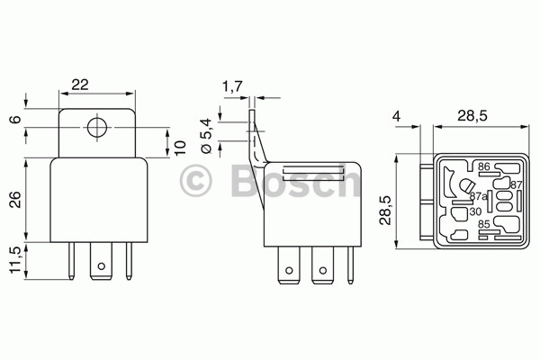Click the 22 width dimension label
pyautogui.click(x=80, y=85)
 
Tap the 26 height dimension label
pyautogui.click(x=15, y=200)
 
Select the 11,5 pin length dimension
pyautogui.click(x=15, y=260)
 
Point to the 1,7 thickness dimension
pyautogui.click(x=232, y=86)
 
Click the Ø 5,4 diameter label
pyautogui.click(x=205, y=136)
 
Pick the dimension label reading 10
pyautogui.click(x=180, y=148)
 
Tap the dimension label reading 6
pyautogui.click(x=15, y=120)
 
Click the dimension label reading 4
pyautogui.click(x=397, y=116)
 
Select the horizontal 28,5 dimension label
pyautogui.click(x=472, y=116)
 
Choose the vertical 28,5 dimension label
pyautogui.click(x=385, y=211)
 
